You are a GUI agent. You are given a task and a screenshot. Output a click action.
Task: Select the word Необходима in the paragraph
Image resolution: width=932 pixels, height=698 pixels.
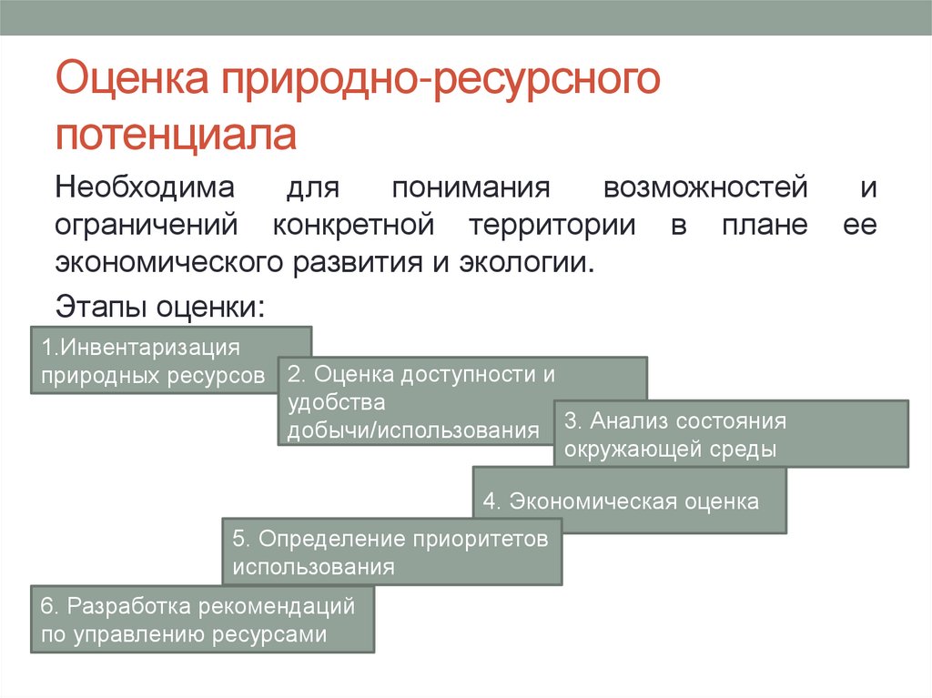pyautogui.click(x=146, y=189)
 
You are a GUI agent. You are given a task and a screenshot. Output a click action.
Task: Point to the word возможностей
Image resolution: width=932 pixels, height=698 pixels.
pyautogui.click(x=705, y=189)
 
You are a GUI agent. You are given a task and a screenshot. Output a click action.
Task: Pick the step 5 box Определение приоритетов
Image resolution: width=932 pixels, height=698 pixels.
pyautogui.click(x=391, y=551)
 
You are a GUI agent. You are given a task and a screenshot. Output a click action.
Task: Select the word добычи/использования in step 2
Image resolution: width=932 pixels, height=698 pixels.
pyautogui.click(x=413, y=430)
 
